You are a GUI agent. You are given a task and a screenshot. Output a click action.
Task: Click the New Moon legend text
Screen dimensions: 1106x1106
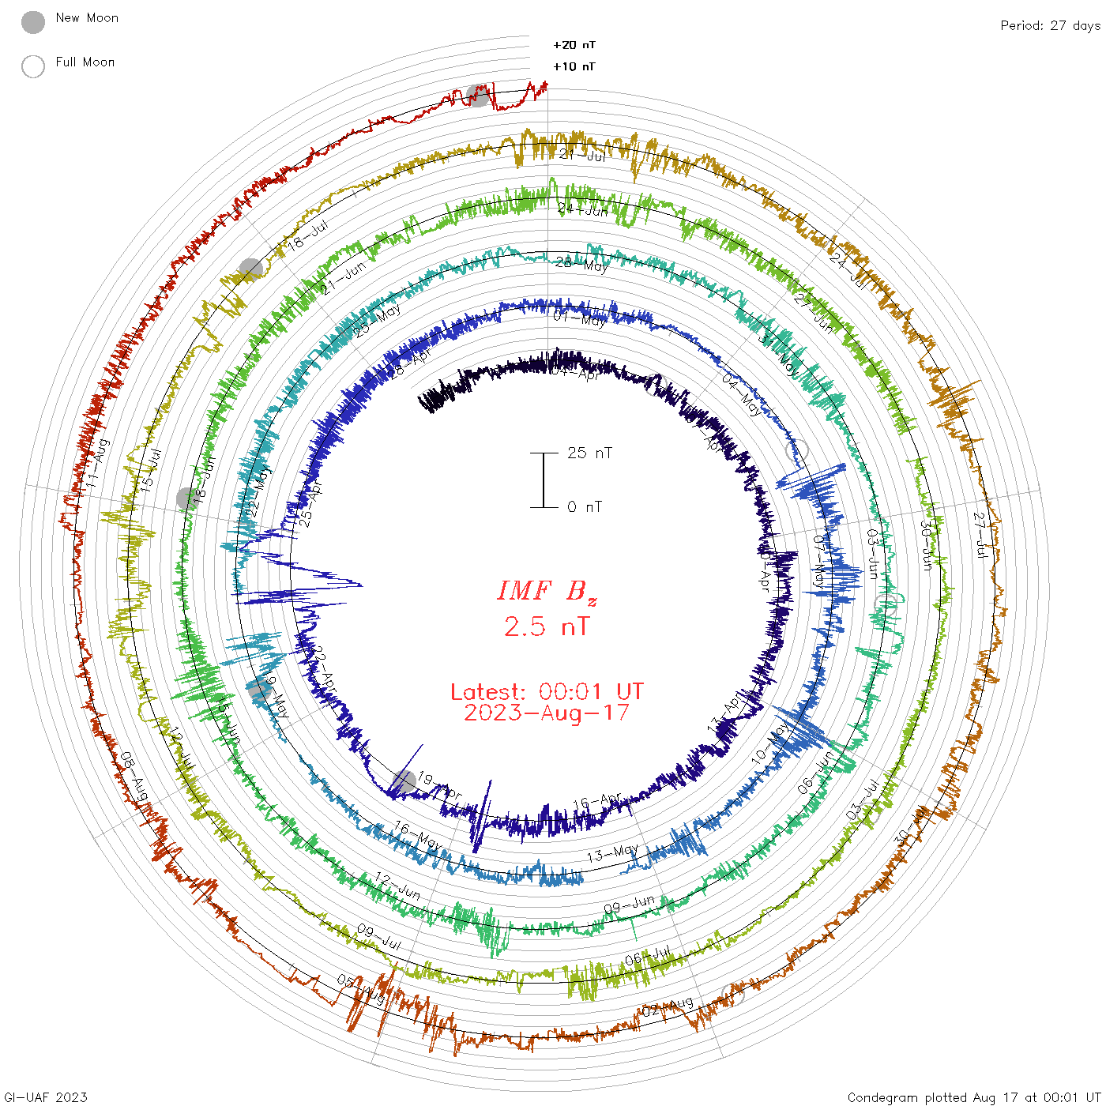(87, 18)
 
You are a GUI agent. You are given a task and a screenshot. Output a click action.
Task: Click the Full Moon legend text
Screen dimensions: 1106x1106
(85, 62)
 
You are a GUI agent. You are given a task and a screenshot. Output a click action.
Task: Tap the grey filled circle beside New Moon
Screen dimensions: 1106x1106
(33, 22)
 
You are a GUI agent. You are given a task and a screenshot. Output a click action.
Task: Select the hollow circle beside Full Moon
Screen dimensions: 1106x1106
(33, 66)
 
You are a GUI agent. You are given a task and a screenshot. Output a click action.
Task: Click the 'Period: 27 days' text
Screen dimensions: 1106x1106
(1050, 26)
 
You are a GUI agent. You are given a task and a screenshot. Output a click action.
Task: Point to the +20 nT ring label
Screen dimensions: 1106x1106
(574, 45)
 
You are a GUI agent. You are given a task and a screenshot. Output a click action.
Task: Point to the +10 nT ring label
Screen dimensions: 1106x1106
(574, 66)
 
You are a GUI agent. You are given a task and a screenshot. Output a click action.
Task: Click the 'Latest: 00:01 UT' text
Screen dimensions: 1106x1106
(547, 692)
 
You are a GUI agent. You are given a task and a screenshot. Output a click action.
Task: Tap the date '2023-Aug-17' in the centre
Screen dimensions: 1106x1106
(547, 713)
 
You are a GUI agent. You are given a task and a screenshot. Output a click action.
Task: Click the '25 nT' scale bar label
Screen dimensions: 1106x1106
(589, 453)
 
